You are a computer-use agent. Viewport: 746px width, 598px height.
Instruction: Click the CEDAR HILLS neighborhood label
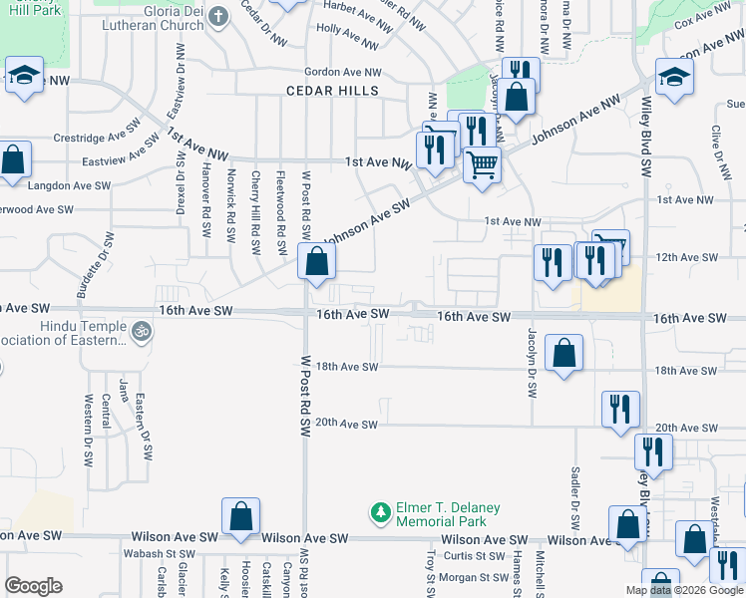coord(332,91)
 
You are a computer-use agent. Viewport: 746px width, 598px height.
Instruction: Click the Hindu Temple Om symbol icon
coord(142,330)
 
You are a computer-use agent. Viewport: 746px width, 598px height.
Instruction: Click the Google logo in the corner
coord(34,585)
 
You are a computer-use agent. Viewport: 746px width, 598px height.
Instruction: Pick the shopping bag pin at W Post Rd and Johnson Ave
coord(316,262)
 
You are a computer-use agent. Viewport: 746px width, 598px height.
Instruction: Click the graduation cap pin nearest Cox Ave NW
coord(674,77)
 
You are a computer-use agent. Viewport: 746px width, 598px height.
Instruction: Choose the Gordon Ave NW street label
coord(343,72)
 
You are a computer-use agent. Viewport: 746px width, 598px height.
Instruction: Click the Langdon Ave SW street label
coord(70,185)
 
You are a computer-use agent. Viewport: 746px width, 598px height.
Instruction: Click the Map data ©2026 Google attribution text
coord(685,590)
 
